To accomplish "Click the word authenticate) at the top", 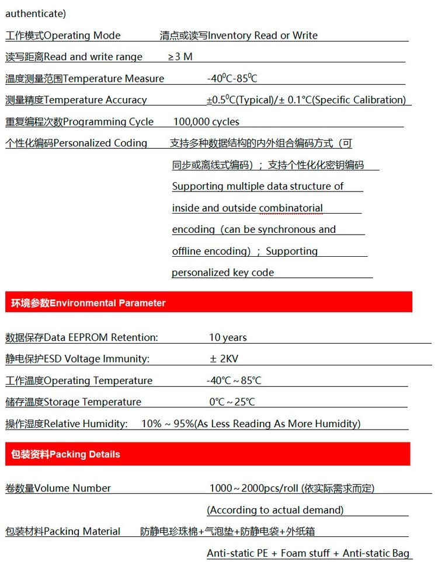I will [36, 13].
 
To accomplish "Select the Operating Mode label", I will [63, 36].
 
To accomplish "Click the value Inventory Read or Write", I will [239, 36].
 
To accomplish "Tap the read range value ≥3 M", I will [180, 57].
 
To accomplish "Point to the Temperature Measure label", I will [85, 79].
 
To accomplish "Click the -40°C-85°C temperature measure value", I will [232, 78].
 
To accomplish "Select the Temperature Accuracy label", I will [76, 100].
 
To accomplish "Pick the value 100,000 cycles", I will [206, 122].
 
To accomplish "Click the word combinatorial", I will [291, 208].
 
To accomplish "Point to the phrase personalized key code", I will [223, 273].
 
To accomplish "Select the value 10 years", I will [228, 337].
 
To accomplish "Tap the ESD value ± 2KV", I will [225, 359].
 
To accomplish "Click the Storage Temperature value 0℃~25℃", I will [232, 402].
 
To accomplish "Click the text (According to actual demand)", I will [275, 510].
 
